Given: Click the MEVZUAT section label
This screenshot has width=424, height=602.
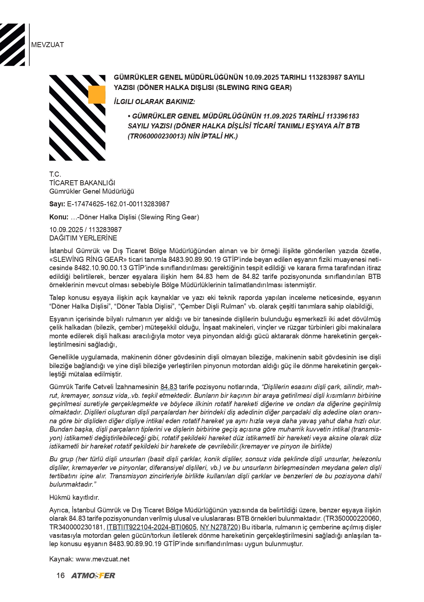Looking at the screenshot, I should [47, 45].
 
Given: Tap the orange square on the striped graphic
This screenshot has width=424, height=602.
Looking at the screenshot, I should [97, 95].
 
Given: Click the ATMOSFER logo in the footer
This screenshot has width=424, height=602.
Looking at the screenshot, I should [93, 576].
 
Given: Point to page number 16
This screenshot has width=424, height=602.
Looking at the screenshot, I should [61, 576].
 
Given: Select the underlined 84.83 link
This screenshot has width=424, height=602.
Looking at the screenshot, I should [169, 387].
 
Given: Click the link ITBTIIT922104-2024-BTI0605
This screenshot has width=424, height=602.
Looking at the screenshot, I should [151, 527].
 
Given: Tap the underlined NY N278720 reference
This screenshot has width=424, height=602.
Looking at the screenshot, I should [219, 527].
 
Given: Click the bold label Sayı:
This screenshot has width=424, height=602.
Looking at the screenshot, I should [57, 204].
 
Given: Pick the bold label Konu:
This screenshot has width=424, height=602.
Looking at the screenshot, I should [59, 217].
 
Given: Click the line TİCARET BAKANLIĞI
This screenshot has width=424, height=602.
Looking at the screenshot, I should [82, 183].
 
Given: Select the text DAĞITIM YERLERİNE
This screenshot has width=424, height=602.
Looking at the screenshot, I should [83, 238].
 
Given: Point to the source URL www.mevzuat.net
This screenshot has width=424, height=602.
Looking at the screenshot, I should [103, 559].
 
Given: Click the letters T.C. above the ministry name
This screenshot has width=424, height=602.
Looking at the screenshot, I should [55, 174].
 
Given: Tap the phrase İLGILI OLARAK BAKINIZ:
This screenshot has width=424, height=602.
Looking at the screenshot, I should [154, 102].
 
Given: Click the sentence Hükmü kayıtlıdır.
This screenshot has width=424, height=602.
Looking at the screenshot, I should [74, 497].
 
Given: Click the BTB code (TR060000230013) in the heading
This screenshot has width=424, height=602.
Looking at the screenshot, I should [155, 136].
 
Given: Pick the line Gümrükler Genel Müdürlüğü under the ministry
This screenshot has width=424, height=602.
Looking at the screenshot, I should [92, 191].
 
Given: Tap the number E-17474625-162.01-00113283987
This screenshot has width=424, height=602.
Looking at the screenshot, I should [118, 204].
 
